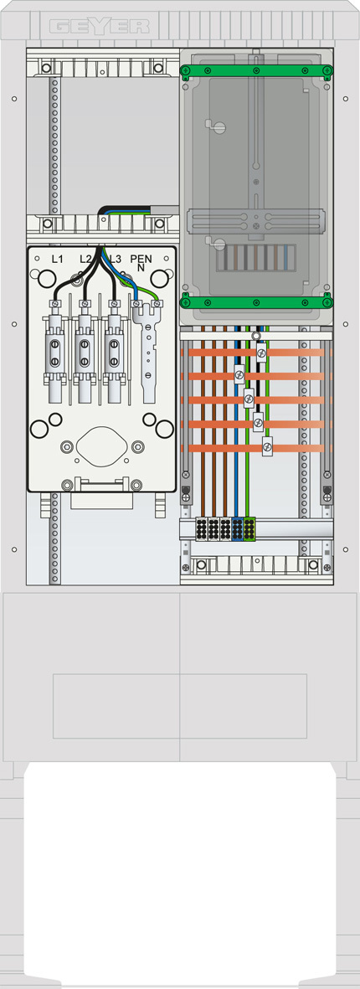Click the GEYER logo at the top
point(99,27)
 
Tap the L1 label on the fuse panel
point(58,258)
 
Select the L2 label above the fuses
point(85,258)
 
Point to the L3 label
point(115,258)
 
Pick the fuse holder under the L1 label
point(54,353)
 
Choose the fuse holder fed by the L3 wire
point(114,353)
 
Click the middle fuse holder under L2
point(84,353)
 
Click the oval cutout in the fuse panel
point(101,446)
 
